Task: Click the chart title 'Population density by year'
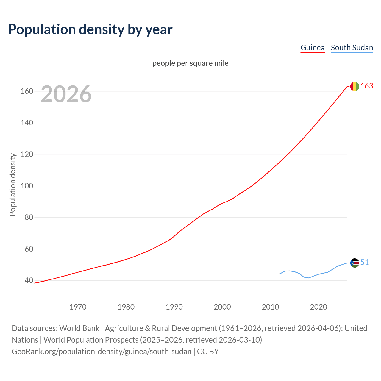pos(90,29)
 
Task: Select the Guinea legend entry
pos(312,48)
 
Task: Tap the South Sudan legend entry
pos(352,48)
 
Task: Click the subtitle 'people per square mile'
pos(190,63)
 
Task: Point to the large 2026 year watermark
pos(66,94)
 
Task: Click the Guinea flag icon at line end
pos(355,86)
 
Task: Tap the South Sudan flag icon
pos(355,263)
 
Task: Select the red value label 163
pos(367,86)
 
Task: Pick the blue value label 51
pos(365,262)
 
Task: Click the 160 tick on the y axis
pos(27,91)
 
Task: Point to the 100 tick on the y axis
pos(27,186)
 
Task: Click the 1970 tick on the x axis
pos(78,307)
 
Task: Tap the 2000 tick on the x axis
pos(222,307)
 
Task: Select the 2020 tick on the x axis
pos(318,307)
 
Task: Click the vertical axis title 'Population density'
pos(13,185)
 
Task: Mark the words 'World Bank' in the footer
pos(79,328)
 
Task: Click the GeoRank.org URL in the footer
pos(102,352)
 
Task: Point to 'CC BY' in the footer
pos(208,352)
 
